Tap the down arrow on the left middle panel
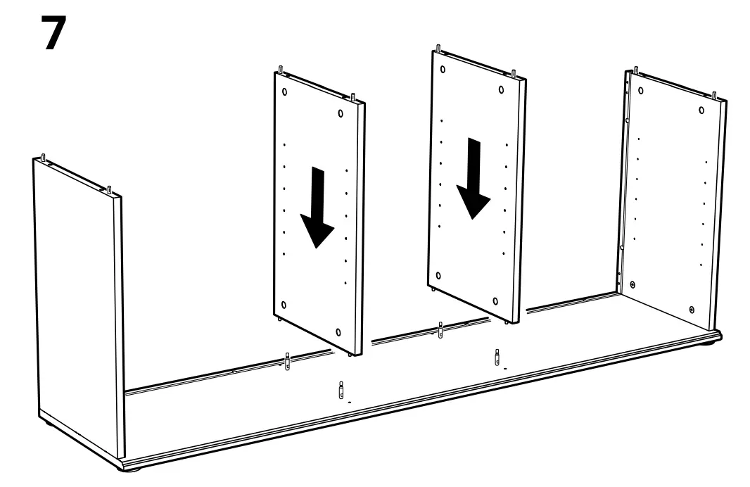point(316,207)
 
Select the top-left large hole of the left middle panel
point(284,92)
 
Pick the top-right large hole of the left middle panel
point(341,113)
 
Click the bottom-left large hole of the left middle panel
point(284,305)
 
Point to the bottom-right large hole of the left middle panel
point(339,331)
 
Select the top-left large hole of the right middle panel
point(442,71)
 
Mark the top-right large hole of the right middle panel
point(501,89)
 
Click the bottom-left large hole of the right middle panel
point(439,277)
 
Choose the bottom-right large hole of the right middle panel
point(496,301)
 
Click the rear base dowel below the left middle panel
point(287,363)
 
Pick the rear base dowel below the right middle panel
point(440,329)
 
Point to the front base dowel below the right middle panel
point(497,356)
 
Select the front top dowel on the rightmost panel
point(714,95)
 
